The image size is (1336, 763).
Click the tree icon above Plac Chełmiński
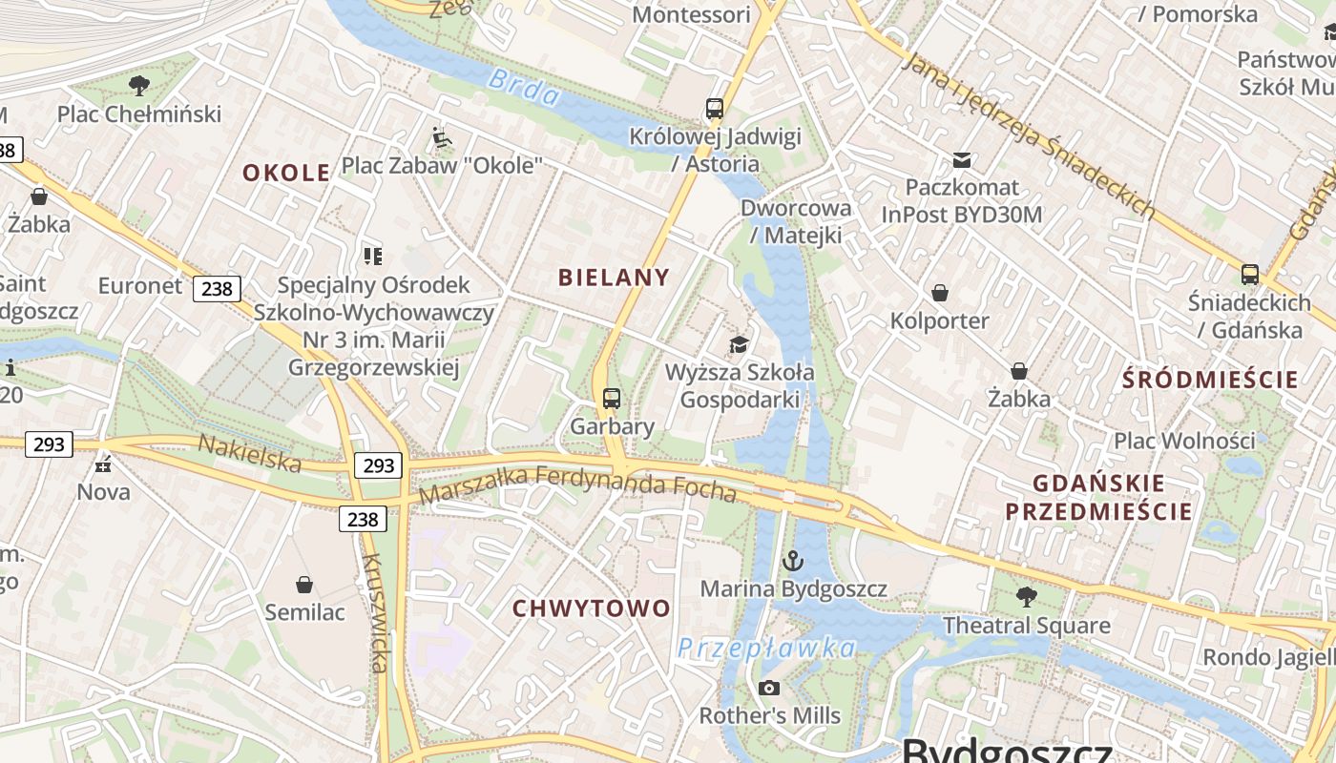tap(139, 86)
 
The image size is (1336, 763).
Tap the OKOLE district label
tap(286, 173)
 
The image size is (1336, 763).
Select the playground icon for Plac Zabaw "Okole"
tap(441, 138)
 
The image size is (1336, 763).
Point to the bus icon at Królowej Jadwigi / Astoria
tap(715, 109)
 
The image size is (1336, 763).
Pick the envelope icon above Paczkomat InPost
tap(962, 160)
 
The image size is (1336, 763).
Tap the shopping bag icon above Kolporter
tap(940, 293)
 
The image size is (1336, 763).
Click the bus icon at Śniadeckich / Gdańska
tap(1249, 275)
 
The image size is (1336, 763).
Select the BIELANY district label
tap(614, 278)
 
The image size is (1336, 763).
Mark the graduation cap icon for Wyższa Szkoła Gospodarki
tap(739, 344)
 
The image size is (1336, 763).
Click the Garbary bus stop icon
tap(612, 399)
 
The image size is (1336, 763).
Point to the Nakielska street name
tap(249, 452)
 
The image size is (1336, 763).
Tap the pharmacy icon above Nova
tap(103, 464)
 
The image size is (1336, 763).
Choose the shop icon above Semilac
tap(304, 584)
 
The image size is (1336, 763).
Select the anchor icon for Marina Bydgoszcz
tap(793, 561)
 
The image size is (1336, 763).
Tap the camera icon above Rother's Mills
tap(769, 688)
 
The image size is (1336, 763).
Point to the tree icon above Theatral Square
tap(1027, 597)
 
